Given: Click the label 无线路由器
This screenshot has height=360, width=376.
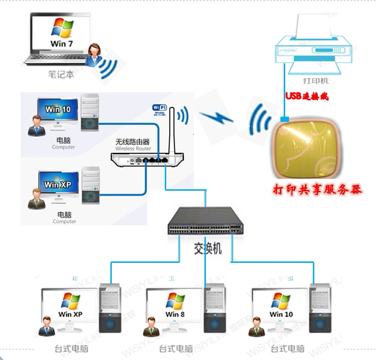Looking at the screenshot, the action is [x=133, y=142].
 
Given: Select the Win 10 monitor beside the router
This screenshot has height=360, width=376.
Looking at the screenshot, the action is [x=57, y=111].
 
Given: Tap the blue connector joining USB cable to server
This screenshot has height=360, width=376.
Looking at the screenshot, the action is [x=285, y=119].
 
